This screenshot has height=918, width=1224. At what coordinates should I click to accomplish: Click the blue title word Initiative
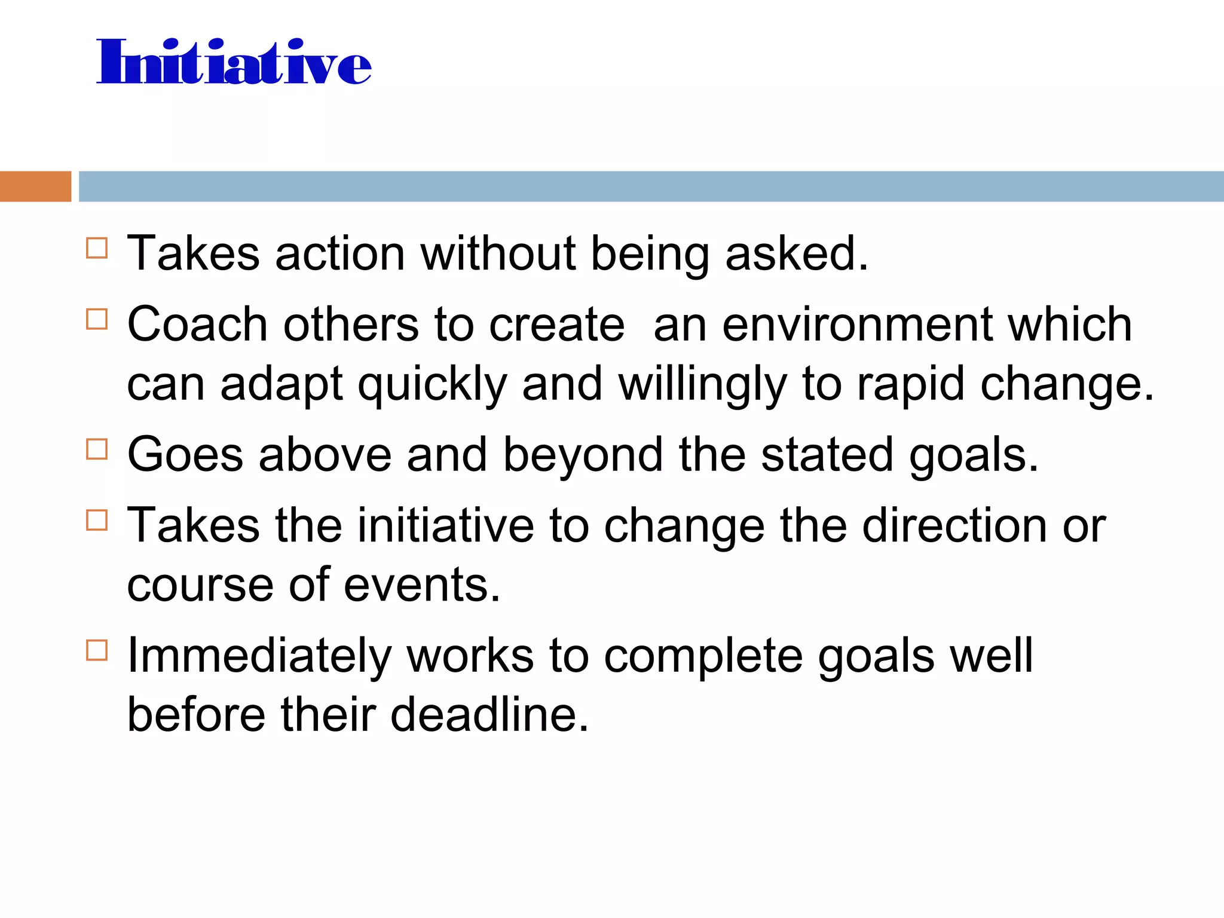[x=234, y=62]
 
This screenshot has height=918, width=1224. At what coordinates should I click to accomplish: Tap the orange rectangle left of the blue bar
[x=35, y=186]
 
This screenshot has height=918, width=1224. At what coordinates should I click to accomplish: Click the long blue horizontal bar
[x=651, y=186]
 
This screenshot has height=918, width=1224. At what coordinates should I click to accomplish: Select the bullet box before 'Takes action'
[x=97, y=248]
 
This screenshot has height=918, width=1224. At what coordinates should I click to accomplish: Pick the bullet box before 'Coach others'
[x=97, y=319]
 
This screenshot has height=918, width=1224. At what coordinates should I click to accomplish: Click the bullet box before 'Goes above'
[x=97, y=449]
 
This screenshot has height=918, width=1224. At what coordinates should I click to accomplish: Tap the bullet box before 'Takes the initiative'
[x=97, y=520]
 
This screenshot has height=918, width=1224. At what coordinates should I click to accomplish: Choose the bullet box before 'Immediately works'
[x=97, y=650]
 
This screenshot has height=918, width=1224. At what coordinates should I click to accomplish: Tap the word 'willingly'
[x=702, y=385]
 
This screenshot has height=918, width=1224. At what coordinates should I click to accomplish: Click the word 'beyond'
[x=583, y=456]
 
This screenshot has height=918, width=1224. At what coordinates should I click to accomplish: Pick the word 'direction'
[x=954, y=525]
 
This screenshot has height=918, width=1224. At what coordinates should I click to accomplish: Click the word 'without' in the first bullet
[x=498, y=253]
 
